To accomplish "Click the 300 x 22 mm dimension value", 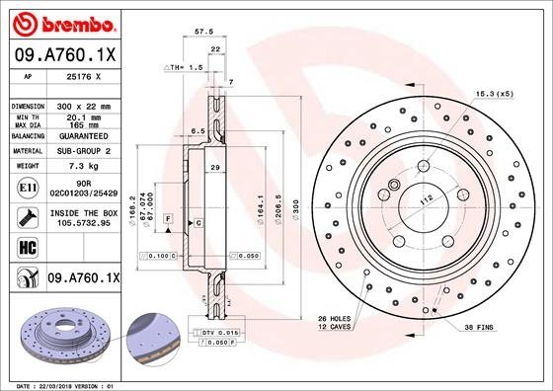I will tap(82, 105).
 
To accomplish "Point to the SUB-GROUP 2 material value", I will tap(82, 151).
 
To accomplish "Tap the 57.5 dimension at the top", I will tap(204, 32).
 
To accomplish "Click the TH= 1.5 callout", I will tap(183, 67).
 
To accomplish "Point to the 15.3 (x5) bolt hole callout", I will tap(496, 93).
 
